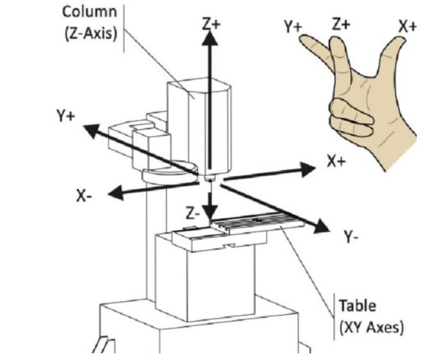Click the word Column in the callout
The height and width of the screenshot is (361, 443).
point(90,12)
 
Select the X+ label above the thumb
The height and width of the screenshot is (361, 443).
point(407,27)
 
